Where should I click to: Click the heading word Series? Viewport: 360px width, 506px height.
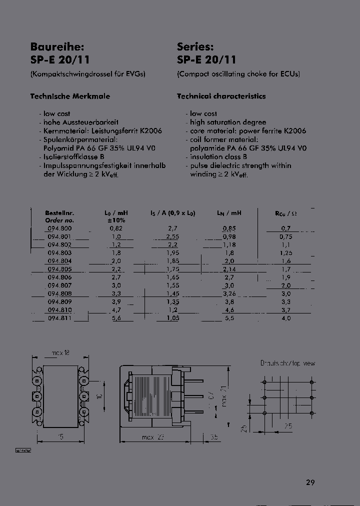click(195, 47)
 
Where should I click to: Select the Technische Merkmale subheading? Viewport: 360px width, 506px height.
click(70, 96)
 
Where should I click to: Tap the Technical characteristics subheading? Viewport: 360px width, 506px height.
click(221, 96)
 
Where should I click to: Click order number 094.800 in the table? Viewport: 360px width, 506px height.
click(59, 228)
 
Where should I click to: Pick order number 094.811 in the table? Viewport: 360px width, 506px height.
click(59, 318)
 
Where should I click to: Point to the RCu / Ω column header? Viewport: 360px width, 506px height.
click(286, 213)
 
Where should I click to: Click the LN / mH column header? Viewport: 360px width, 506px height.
click(229, 213)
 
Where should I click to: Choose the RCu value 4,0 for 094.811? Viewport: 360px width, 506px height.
click(286, 318)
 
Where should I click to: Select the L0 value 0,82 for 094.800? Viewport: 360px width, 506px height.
click(116, 228)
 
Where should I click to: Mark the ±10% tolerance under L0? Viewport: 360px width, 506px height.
click(116, 220)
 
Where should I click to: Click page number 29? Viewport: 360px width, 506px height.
click(310, 482)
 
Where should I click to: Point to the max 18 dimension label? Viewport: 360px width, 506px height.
click(60, 352)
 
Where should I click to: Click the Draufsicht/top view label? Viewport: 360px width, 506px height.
click(287, 363)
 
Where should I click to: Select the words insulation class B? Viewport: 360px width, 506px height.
click(215, 156)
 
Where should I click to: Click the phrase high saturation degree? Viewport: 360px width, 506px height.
click(228, 122)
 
